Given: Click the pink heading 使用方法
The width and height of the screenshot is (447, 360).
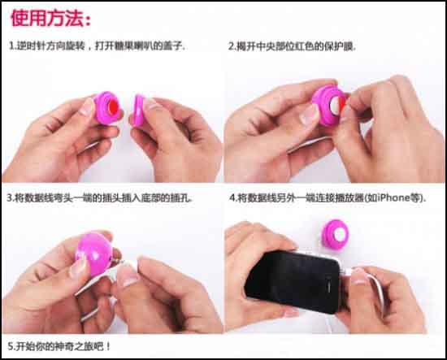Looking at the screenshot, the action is [50, 19].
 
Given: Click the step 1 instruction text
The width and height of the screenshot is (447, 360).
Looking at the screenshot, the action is [97, 46].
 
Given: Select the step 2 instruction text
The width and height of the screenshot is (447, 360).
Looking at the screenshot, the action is [292, 46].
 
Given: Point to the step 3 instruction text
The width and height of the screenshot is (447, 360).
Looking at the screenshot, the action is [99, 197].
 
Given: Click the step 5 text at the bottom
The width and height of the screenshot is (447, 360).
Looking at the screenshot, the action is [59, 347].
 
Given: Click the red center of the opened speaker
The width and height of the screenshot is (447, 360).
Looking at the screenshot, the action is [113, 107].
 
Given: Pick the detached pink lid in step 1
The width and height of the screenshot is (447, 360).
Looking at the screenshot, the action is [138, 110].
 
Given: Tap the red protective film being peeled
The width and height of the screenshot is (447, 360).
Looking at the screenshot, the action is [342, 104].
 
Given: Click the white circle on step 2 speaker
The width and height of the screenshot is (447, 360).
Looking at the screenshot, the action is [335, 104].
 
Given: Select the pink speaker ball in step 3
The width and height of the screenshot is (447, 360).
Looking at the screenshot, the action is [94, 254].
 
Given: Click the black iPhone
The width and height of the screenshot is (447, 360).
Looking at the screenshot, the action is [293, 281].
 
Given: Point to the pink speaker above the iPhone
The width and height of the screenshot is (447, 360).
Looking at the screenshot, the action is [335, 234].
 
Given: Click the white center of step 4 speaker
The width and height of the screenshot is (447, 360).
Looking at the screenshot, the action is [339, 234].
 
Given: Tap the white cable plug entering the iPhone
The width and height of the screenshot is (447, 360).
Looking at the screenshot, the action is [345, 271].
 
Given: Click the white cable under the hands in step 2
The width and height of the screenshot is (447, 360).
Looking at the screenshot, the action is [309, 143].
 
